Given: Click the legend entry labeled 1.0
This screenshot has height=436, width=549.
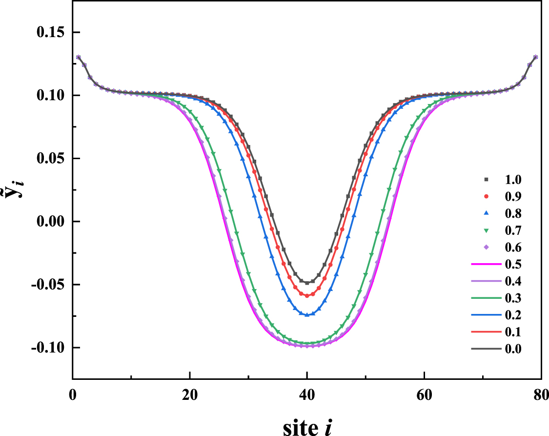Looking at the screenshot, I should (x=513, y=180).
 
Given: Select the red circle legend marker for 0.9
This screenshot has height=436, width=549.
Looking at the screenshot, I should (x=486, y=196).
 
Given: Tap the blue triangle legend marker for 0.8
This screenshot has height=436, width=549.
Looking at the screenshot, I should (x=486, y=213).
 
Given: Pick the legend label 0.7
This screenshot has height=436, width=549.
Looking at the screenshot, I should (x=513, y=230).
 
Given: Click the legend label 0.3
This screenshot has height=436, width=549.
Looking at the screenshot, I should (x=513, y=298).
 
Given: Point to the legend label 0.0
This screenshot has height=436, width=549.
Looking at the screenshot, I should (x=513, y=349).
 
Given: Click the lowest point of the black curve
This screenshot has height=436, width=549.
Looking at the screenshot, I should (x=307, y=283).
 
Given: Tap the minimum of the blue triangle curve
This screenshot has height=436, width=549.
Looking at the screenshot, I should (x=307, y=315).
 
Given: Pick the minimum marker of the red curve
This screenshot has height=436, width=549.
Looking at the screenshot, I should (x=307, y=295).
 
